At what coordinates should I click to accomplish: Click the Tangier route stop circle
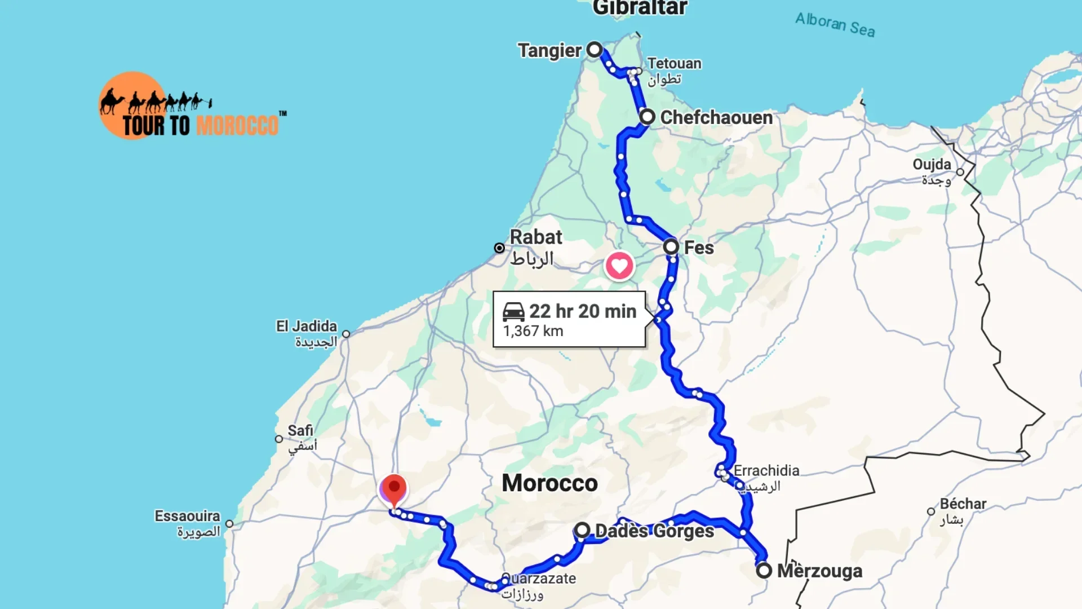coord(595,50)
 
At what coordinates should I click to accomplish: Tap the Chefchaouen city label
coord(716,117)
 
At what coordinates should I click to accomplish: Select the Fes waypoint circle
coord(671,246)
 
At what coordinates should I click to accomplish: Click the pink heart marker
coord(619,266)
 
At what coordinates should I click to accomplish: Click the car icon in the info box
coord(513,311)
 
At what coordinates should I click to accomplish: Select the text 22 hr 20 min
coord(583,311)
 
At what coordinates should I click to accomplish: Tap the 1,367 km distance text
coord(533,331)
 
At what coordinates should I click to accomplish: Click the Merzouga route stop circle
coord(764,570)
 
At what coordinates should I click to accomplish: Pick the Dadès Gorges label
coord(654,531)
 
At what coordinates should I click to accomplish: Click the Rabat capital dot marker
coord(499,248)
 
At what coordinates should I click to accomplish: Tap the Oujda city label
coord(932,165)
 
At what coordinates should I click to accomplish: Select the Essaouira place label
coord(187,516)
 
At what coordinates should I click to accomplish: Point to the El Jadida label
coord(306,326)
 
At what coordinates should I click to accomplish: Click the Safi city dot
coord(279,439)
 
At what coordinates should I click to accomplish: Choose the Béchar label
coord(963,504)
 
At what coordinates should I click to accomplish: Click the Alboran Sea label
coord(835,25)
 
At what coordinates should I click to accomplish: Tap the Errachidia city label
coord(766,470)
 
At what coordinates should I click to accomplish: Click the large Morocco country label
coord(549,483)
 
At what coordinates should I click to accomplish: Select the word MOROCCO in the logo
coord(237,125)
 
